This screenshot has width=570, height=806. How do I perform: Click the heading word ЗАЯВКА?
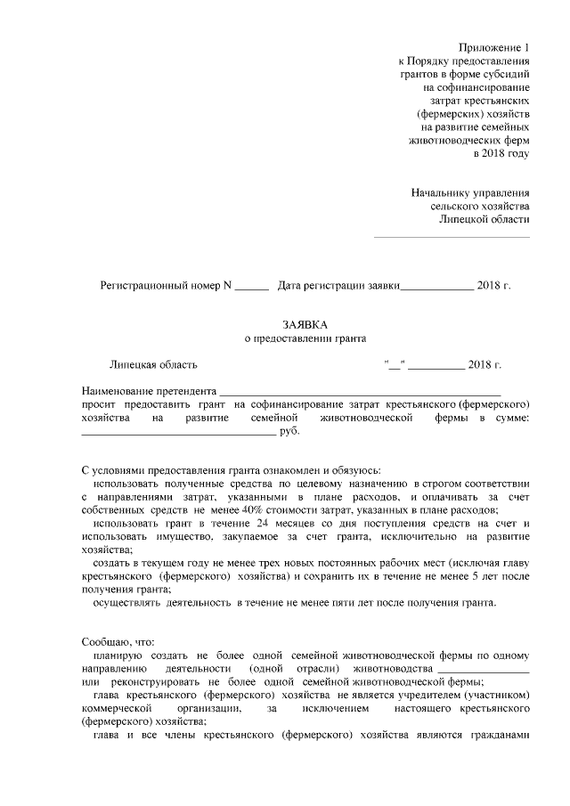point(305,325)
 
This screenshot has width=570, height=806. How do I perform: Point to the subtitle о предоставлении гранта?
point(305,339)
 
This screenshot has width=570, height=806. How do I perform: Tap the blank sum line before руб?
point(178,434)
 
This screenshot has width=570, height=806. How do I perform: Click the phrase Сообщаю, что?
point(118,641)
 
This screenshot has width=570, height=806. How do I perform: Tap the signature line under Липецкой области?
point(451,237)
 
